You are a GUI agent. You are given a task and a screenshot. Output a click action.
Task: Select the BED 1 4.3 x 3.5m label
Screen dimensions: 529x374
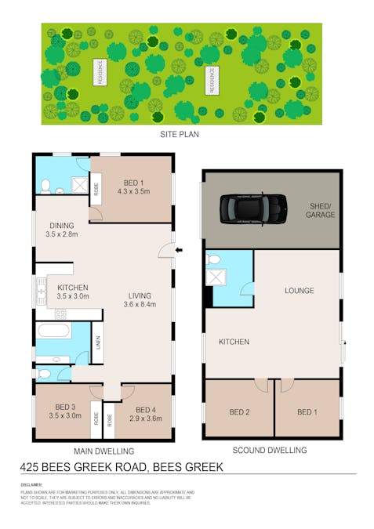[x=133, y=186]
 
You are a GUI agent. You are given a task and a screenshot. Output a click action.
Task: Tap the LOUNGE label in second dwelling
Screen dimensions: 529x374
[x=300, y=291]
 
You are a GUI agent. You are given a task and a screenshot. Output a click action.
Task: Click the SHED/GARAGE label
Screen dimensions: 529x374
[x=320, y=210]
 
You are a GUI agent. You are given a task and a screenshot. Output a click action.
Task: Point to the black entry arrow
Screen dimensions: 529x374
[x=180, y=251]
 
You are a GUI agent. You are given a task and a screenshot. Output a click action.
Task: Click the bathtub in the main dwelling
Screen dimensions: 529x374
[x=55, y=330]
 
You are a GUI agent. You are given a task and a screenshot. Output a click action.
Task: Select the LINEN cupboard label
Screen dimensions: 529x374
[x=97, y=342]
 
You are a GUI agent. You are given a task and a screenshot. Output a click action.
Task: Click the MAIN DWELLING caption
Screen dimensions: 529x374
[x=103, y=451]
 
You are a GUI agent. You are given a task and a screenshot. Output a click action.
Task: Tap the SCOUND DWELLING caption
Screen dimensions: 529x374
[x=270, y=450]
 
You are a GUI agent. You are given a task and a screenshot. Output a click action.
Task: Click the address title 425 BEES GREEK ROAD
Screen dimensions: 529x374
[x=122, y=467]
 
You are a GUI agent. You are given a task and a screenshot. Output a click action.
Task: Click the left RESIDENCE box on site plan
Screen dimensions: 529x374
[x=100, y=72]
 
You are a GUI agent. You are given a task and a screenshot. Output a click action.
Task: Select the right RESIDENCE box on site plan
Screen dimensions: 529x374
[x=211, y=80]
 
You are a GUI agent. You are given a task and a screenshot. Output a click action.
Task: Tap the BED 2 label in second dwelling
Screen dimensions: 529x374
[x=239, y=412]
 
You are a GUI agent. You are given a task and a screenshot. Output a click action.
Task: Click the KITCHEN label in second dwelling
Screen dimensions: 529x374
[x=234, y=342]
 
